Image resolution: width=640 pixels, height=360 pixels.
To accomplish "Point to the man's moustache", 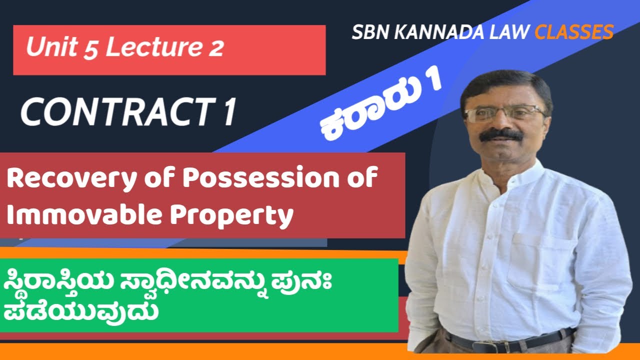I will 501,135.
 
